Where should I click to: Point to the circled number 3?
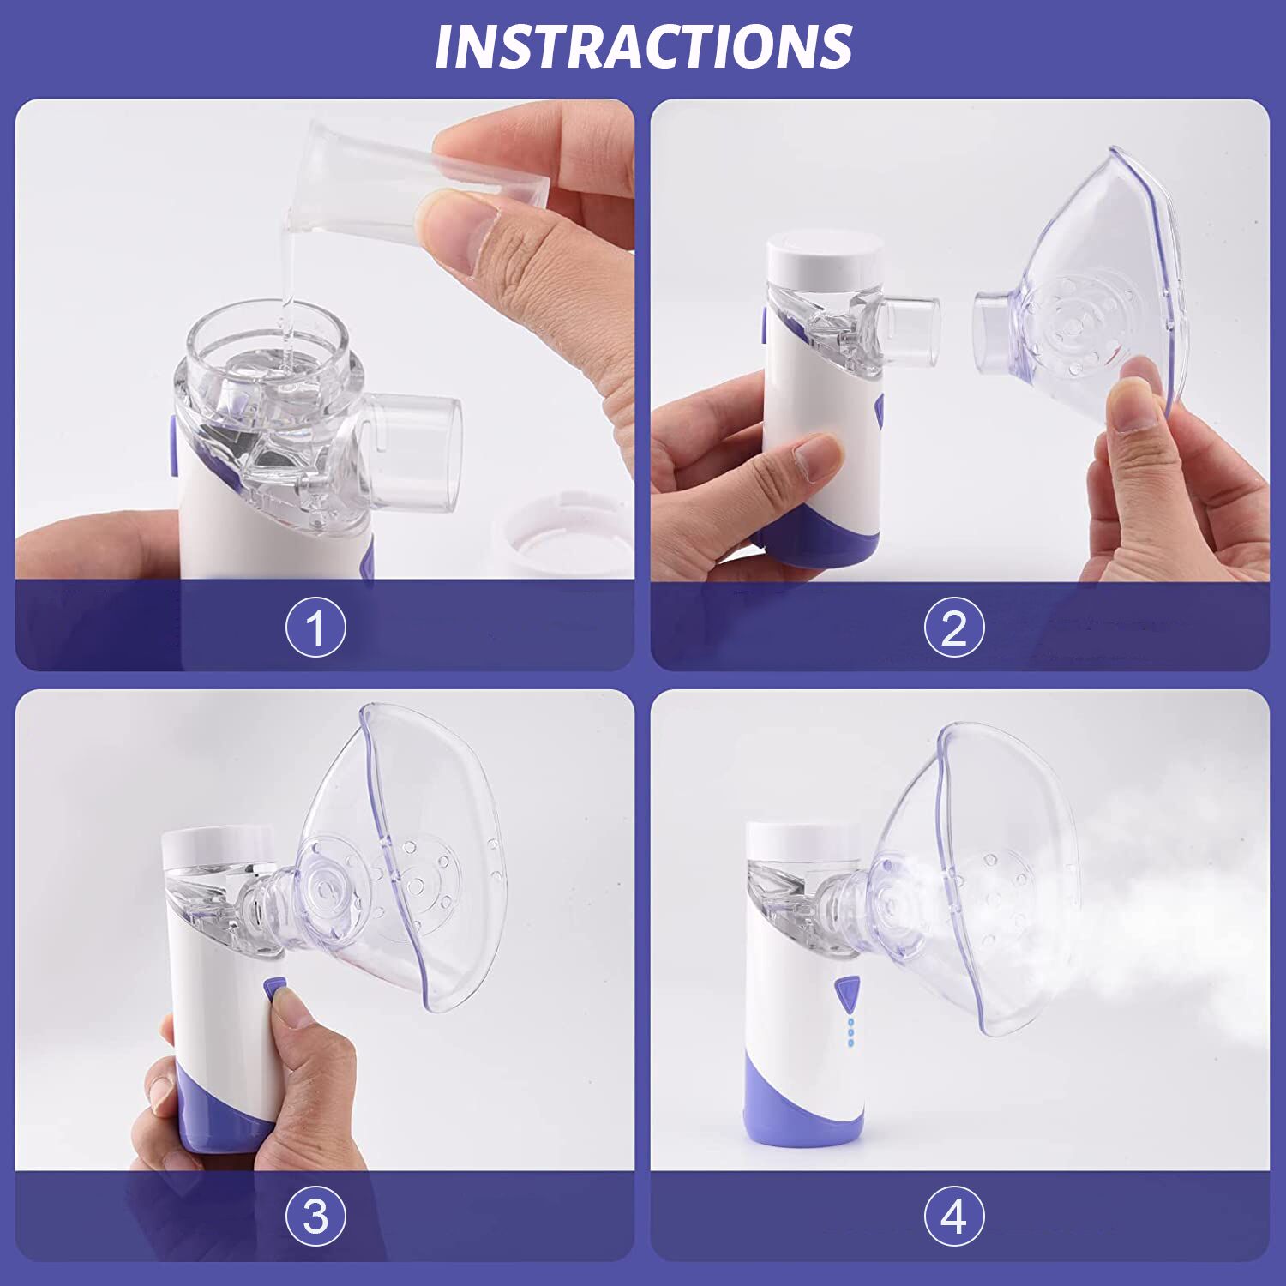click(315, 1217)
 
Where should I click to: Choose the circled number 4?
click(954, 1217)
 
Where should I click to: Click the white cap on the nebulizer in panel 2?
click(825, 256)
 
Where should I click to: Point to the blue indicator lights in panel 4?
click(850, 1032)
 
